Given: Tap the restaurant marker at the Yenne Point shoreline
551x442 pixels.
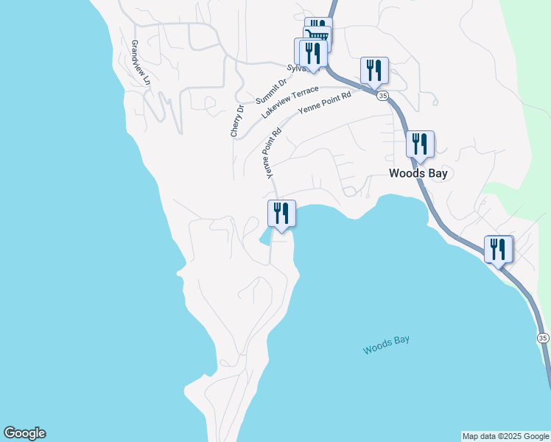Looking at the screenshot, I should (x=281, y=214).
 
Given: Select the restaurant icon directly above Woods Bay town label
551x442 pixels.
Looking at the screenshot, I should (x=420, y=144).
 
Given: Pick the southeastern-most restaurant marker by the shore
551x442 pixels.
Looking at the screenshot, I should (x=499, y=249).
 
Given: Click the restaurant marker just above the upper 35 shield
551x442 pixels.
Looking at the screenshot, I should (x=374, y=71).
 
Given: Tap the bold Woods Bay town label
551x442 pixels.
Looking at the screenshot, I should (x=418, y=174).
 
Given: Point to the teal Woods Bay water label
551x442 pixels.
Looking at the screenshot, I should (x=386, y=345).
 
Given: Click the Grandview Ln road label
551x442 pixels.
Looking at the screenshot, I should (x=140, y=62).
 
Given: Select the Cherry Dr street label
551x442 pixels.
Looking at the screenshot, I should (x=236, y=121).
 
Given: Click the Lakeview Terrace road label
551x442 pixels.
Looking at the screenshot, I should (x=290, y=102).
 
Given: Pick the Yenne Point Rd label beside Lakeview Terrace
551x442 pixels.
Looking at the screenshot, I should (x=325, y=102).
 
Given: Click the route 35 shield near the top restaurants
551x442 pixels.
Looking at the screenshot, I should (x=382, y=96).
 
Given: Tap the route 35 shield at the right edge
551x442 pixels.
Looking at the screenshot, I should (x=543, y=337).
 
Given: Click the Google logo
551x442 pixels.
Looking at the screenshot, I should (x=24, y=433).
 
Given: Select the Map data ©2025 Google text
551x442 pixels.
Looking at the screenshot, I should (x=505, y=436).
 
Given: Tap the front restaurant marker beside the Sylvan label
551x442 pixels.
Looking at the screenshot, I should (x=312, y=53).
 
